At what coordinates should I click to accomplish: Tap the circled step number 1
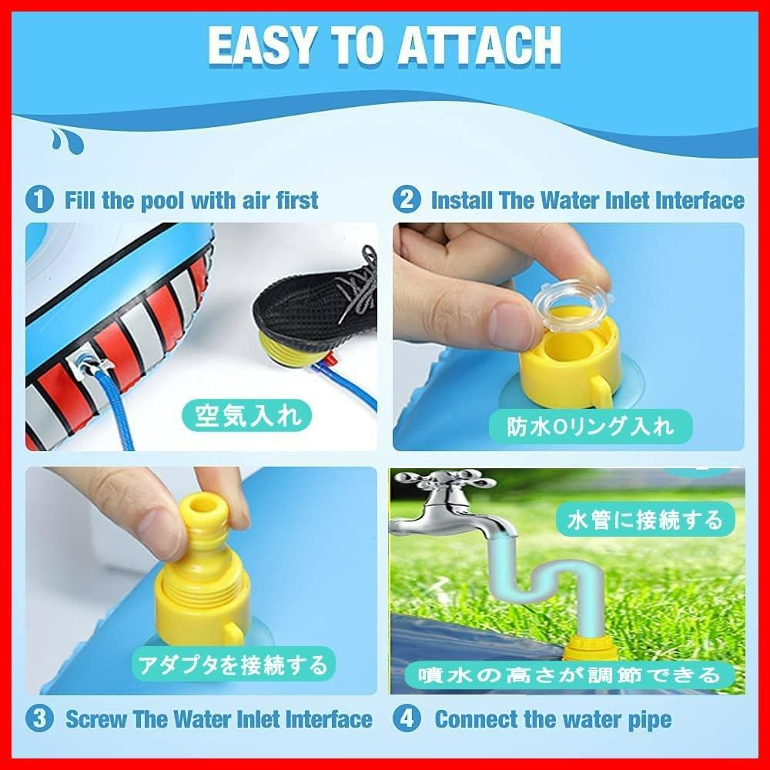[39, 200]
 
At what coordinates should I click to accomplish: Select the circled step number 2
[406, 200]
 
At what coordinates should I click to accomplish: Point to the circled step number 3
[39, 719]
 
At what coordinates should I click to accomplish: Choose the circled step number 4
[406, 719]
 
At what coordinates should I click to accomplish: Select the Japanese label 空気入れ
[247, 416]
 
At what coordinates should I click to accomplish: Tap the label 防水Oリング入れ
[591, 427]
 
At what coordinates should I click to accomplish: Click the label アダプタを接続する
[233, 665]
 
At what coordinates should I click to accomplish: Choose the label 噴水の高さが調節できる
[570, 676]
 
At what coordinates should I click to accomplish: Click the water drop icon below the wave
[66, 141]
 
